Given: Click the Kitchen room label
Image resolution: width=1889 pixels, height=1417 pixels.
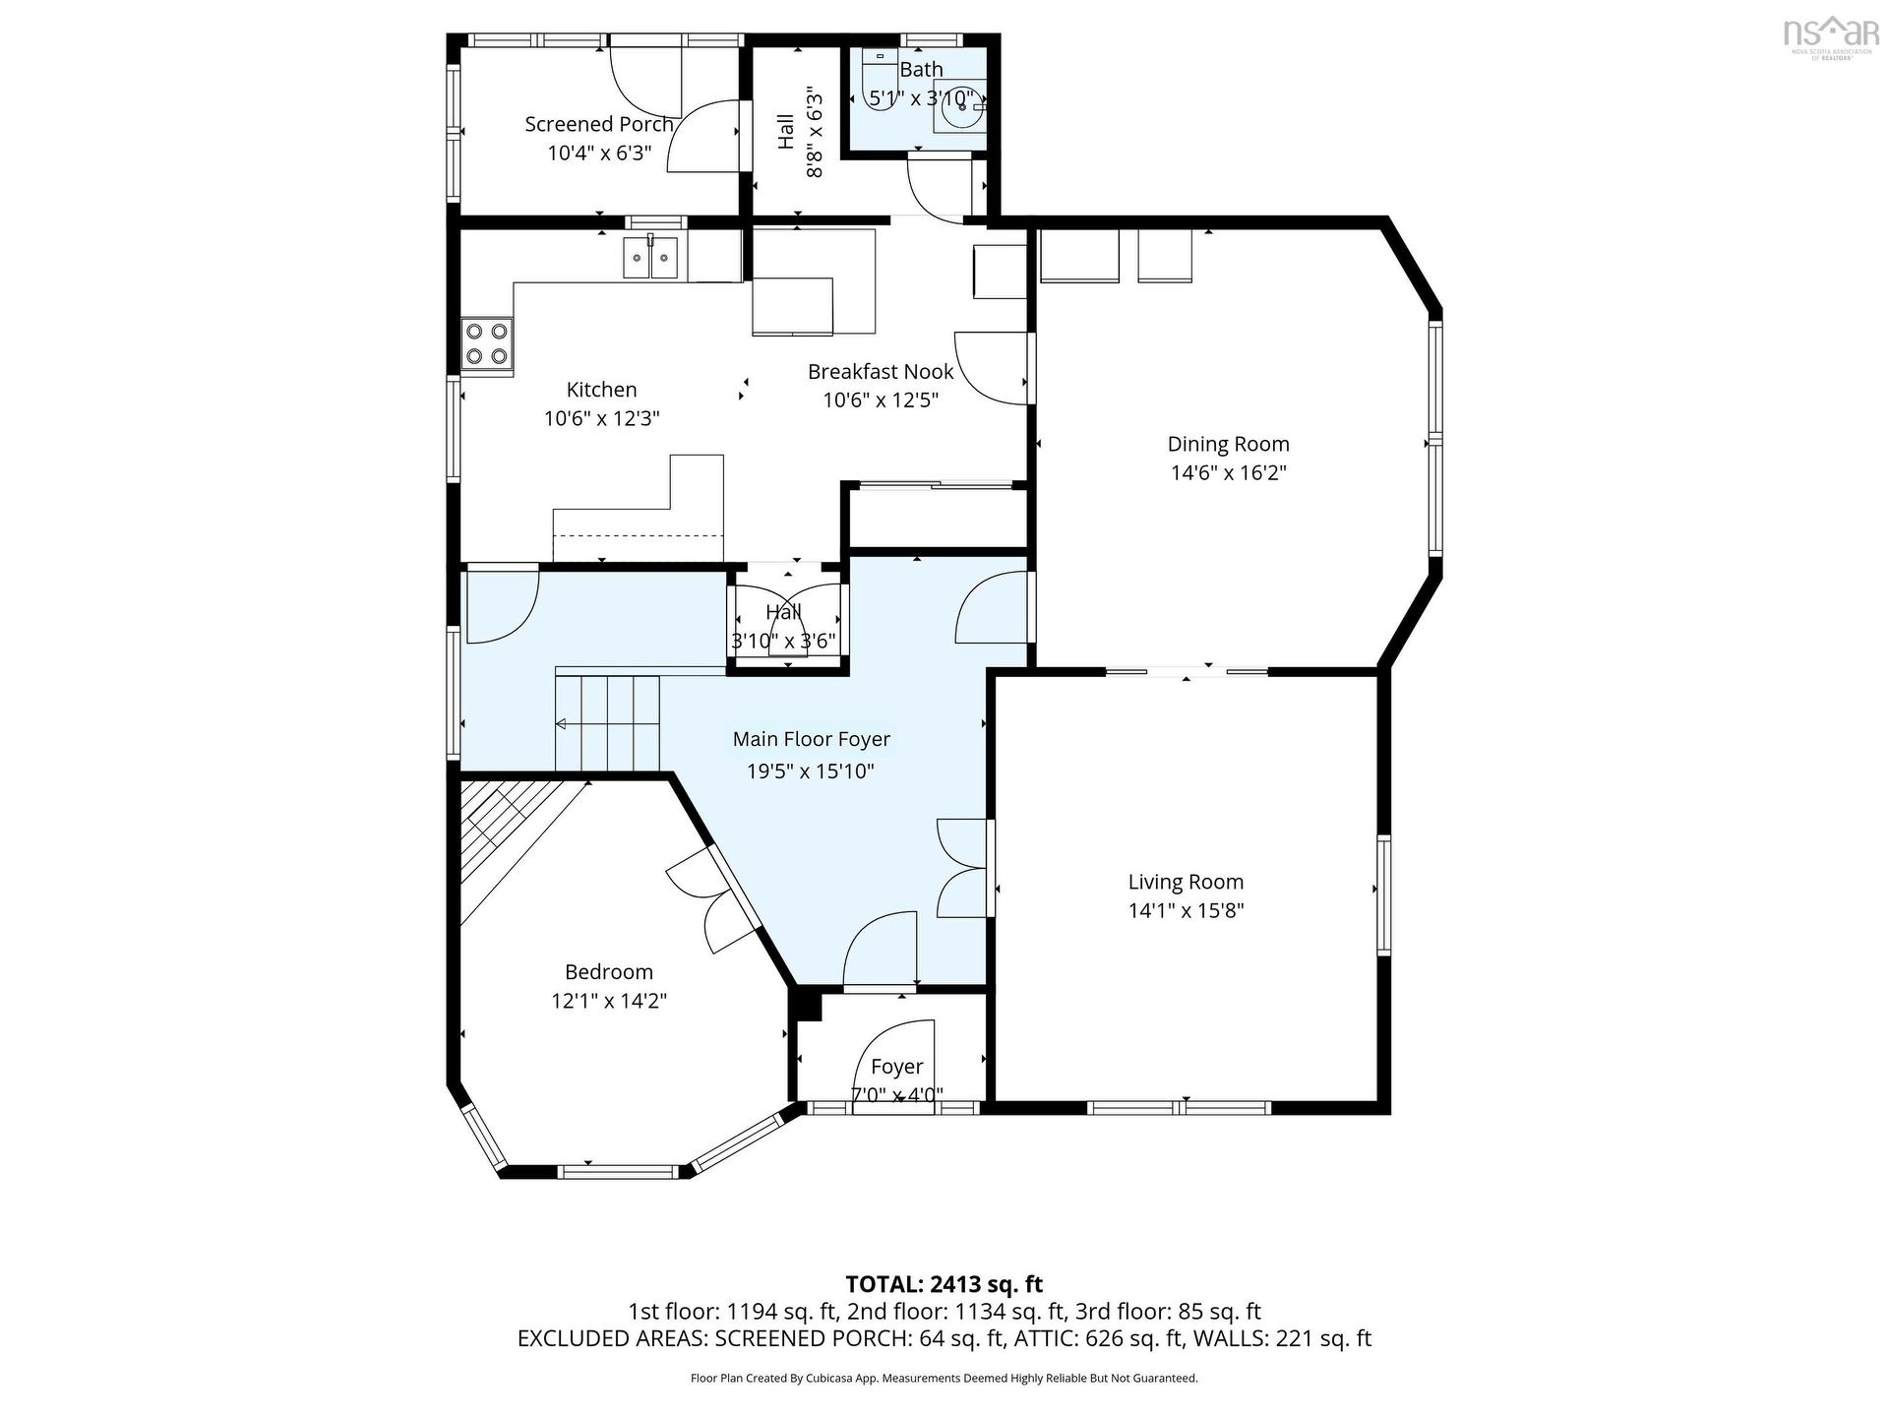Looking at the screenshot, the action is [601, 390].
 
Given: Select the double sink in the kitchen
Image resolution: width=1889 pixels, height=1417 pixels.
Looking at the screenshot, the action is [650, 259].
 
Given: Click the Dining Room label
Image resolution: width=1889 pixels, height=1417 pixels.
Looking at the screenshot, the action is [1228, 444].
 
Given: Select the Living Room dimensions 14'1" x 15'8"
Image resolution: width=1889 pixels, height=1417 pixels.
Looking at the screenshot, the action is [1186, 910].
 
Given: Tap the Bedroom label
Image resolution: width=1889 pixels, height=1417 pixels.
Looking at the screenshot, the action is [609, 972].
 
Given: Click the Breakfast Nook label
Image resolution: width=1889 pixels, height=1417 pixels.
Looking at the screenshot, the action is [881, 371].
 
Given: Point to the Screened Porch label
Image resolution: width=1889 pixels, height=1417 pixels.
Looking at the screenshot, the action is [598, 124].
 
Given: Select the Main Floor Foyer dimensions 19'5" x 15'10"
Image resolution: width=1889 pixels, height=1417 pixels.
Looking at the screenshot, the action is [811, 770].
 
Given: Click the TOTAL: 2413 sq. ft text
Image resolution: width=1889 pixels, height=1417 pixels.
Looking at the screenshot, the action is [944, 1284].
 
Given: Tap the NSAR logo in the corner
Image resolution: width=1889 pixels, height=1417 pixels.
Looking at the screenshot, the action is [1831, 34].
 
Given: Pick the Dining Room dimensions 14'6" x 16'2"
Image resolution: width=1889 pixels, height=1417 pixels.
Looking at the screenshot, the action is [1228, 472].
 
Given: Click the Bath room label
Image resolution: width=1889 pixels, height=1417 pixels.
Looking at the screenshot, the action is [921, 69].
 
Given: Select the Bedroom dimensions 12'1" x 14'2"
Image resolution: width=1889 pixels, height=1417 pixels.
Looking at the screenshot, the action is [609, 1001].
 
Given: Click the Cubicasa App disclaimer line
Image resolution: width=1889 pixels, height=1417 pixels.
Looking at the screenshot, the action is [944, 1379].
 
